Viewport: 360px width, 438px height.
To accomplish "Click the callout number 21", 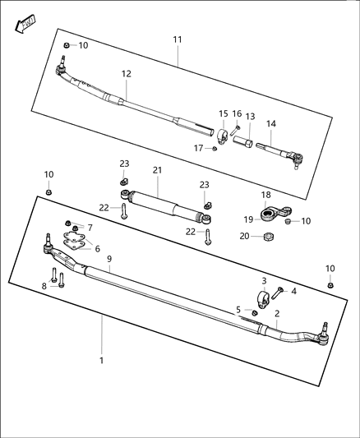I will click(x=156, y=170).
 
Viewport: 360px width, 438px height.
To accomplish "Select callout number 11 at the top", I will click(x=178, y=39).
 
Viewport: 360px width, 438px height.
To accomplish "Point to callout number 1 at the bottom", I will click(x=102, y=360).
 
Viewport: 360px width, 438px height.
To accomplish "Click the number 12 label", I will click(x=126, y=74).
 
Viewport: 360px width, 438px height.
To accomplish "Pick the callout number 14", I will click(x=270, y=124).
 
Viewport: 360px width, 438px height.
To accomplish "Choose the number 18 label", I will click(x=265, y=195).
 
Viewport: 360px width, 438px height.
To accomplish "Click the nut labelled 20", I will click(x=267, y=237).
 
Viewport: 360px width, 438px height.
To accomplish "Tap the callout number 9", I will click(x=108, y=259).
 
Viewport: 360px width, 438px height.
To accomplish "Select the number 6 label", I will click(x=97, y=249).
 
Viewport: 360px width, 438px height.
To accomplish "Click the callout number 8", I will click(x=44, y=286).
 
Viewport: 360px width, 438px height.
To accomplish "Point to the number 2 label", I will click(x=277, y=313).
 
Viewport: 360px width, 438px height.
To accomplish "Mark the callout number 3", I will click(x=265, y=281).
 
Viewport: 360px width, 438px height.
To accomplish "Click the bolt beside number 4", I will click(x=279, y=292).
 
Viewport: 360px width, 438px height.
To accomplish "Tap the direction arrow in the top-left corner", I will click(x=25, y=25).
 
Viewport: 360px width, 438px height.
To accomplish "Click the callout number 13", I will click(x=250, y=117).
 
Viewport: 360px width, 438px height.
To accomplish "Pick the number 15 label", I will click(x=223, y=113).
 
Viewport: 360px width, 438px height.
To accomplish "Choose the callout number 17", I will click(x=198, y=148).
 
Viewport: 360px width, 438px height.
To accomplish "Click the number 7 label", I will click(x=90, y=228).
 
